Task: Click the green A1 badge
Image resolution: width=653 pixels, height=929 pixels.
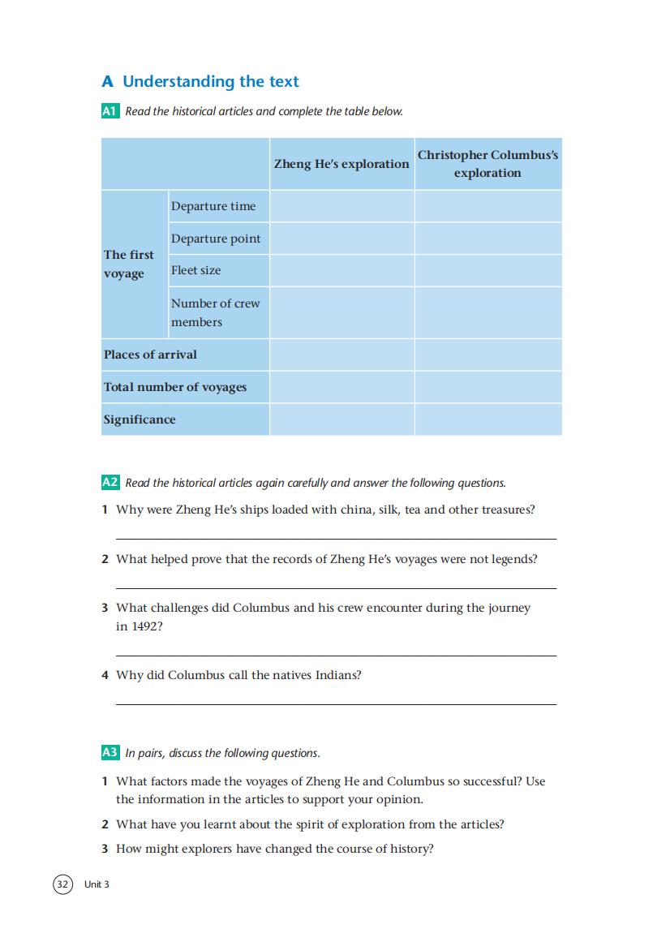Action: click(x=110, y=111)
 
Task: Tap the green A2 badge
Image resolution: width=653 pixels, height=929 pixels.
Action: click(x=110, y=483)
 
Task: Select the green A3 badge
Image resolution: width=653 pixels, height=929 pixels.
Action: click(x=110, y=753)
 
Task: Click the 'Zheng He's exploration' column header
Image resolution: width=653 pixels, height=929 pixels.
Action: click(x=342, y=164)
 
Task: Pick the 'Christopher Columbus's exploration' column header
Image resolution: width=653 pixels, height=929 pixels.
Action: click(x=488, y=164)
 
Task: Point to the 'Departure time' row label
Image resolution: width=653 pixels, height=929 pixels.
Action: click(x=213, y=206)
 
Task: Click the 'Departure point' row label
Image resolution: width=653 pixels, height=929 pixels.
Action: click(x=216, y=239)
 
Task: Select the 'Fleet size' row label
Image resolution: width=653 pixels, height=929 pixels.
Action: click(x=195, y=270)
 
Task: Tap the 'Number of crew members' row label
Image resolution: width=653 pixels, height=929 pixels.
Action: click(x=215, y=312)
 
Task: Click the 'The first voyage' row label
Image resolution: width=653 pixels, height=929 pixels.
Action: click(x=129, y=264)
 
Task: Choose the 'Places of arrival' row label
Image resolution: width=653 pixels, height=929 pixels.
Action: click(x=150, y=355)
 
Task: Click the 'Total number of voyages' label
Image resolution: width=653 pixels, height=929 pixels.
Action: click(x=175, y=387)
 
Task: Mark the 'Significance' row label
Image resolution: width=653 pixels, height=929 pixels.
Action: click(x=140, y=419)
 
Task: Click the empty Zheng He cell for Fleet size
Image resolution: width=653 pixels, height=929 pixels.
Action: click(x=342, y=270)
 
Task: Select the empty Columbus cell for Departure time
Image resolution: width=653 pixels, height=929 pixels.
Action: click(x=488, y=206)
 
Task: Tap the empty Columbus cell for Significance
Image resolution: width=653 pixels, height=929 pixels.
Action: click(x=488, y=419)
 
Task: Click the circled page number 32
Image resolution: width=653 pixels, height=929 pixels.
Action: click(x=63, y=884)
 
